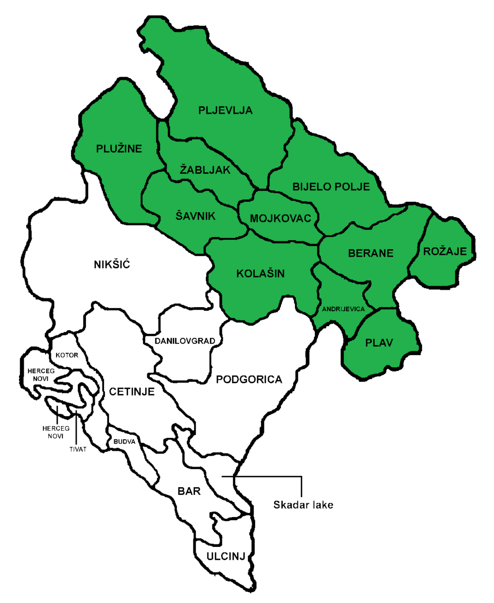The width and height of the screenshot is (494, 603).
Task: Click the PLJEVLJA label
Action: (x=225, y=110)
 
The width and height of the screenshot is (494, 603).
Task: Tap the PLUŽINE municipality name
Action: (x=119, y=149)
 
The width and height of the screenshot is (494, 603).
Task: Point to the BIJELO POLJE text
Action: (x=331, y=187)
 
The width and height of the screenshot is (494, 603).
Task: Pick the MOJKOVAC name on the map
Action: (x=280, y=219)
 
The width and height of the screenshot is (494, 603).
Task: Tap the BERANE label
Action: (x=370, y=253)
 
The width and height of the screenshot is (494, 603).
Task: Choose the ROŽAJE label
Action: (x=445, y=252)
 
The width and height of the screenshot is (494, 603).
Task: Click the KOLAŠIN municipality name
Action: (x=260, y=273)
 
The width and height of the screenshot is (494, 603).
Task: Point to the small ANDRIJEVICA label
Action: (x=343, y=309)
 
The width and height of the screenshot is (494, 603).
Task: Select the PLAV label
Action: (x=378, y=343)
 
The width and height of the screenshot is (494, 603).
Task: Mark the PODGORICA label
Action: (x=249, y=380)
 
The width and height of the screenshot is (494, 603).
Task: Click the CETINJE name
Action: (x=132, y=392)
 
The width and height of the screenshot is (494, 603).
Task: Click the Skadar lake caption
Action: (x=303, y=505)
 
